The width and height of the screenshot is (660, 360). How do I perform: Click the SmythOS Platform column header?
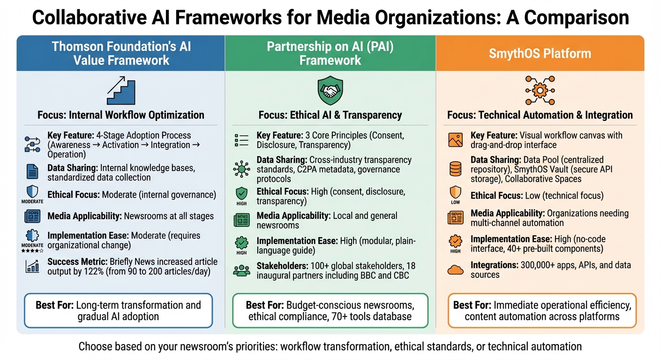(540, 53)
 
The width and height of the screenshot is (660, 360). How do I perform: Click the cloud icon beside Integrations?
(455, 269)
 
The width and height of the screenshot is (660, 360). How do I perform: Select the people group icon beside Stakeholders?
(242, 270)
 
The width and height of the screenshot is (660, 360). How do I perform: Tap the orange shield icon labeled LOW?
(455, 193)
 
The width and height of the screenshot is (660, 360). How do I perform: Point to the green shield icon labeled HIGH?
(242, 194)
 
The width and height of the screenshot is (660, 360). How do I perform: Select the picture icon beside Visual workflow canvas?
(455, 140)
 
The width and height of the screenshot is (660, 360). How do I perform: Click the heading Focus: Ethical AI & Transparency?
(330, 115)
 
